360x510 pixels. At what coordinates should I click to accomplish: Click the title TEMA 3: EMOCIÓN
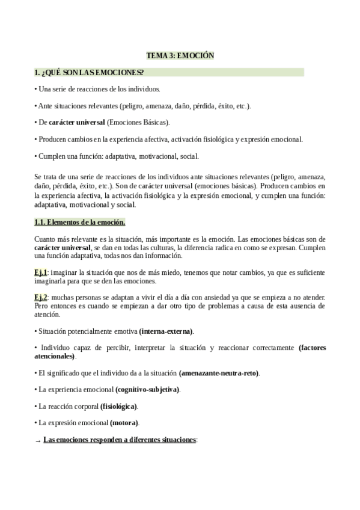tap(180, 55)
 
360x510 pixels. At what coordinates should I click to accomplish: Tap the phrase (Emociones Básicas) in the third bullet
tap(138, 123)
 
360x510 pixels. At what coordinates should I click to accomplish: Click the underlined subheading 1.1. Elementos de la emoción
tap(80, 222)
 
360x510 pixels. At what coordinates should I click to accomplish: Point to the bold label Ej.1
tap(41, 272)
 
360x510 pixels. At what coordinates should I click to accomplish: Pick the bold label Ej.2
tap(41, 298)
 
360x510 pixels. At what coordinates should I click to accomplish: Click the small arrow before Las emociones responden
tap(38, 441)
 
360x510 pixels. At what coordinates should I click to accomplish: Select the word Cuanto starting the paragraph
tap(46, 239)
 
